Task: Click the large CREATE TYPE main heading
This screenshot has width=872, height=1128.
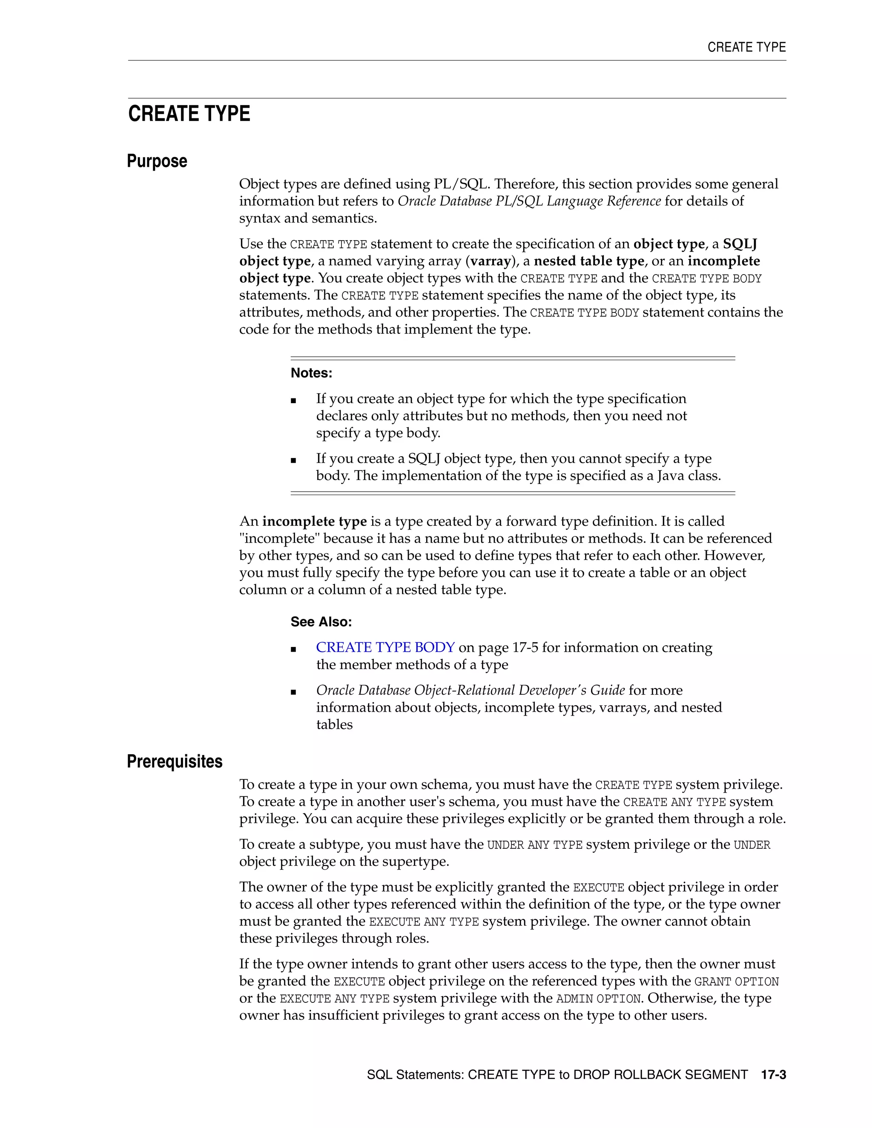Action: coord(189,114)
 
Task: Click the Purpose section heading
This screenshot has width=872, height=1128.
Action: coord(157,161)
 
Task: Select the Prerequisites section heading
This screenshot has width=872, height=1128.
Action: coord(175,762)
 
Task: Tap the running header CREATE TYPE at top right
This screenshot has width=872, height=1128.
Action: coord(746,48)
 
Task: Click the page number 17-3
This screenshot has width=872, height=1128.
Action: coord(773,1075)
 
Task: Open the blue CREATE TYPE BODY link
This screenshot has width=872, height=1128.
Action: coord(385,648)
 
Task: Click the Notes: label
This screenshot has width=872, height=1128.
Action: coord(312,373)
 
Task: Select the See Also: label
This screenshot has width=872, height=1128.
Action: coord(321,622)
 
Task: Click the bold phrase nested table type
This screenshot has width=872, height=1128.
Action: coord(589,261)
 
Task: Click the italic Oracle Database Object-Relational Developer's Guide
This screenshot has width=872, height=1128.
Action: coord(470,690)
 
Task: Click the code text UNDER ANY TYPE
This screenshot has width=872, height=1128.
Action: coord(535,845)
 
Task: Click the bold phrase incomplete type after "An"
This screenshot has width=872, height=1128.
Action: coord(314,522)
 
